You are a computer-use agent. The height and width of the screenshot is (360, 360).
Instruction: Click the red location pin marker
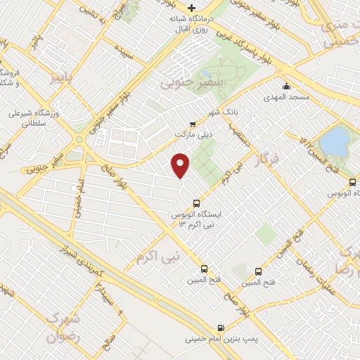tap(181, 165)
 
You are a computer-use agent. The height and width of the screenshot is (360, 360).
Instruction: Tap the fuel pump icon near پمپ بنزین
tap(221, 327)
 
